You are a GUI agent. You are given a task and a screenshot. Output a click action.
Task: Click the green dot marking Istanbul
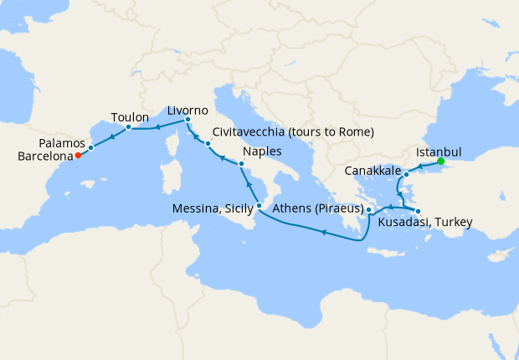pyautogui.click(x=440, y=162)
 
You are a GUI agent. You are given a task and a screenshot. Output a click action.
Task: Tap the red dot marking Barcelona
pyautogui.click(x=77, y=155)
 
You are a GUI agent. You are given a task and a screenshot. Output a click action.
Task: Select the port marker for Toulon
pyautogui.click(x=128, y=128)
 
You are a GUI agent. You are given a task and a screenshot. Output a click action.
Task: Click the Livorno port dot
pyautogui.click(x=188, y=121)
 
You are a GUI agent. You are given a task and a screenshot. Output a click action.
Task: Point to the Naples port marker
pyautogui.click(x=241, y=163)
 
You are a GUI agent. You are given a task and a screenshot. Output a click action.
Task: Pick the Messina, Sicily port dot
pyautogui.click(x=259, y=205)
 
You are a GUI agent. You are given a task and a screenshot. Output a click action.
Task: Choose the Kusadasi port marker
pyautogui.click(x=418, y=210)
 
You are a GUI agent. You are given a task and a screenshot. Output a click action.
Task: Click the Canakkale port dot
pyautogui.click(x=407, y=174)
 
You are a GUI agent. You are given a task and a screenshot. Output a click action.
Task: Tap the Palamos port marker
pyautogui.click(x=91, y=147)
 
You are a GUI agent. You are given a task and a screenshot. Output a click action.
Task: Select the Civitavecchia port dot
pyautogui.click(x=208, y=144)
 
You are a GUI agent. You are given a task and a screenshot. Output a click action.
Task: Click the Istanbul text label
pyautogui.click(x=439, y=153)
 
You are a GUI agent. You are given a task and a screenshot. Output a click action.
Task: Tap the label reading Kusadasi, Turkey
pyautogui.click(x=426, y=223)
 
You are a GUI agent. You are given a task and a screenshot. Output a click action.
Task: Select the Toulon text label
pyautogui.click(x=130, y=117)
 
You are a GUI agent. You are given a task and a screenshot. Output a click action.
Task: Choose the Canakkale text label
pyautogui.click(x=371, y=172)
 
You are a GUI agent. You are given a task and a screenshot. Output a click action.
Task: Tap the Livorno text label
pyautogui.click(x=188, y=110)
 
